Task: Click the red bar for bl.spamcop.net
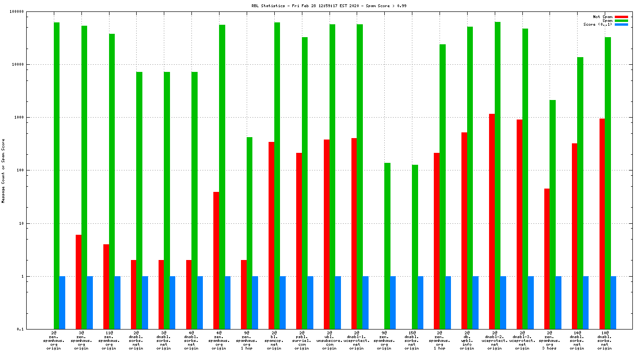(x=271, y=235)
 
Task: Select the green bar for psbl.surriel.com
(x=305, y=183)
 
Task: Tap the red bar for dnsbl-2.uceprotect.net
(x=492, y=221)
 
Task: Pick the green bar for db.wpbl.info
(x=470, y=178)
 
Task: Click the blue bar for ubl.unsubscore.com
(x=338, y=302)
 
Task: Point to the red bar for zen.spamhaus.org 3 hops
(x=547, y=259)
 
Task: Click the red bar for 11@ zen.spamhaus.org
(x=106, y=287)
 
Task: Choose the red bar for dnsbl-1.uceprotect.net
(x=354, y=233)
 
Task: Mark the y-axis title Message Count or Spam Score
(x=3, y=171)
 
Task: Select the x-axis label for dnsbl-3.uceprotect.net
(x=522, y=340)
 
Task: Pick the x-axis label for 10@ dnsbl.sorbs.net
(x=605, y=340)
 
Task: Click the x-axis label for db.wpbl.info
(x=467, y=340)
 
